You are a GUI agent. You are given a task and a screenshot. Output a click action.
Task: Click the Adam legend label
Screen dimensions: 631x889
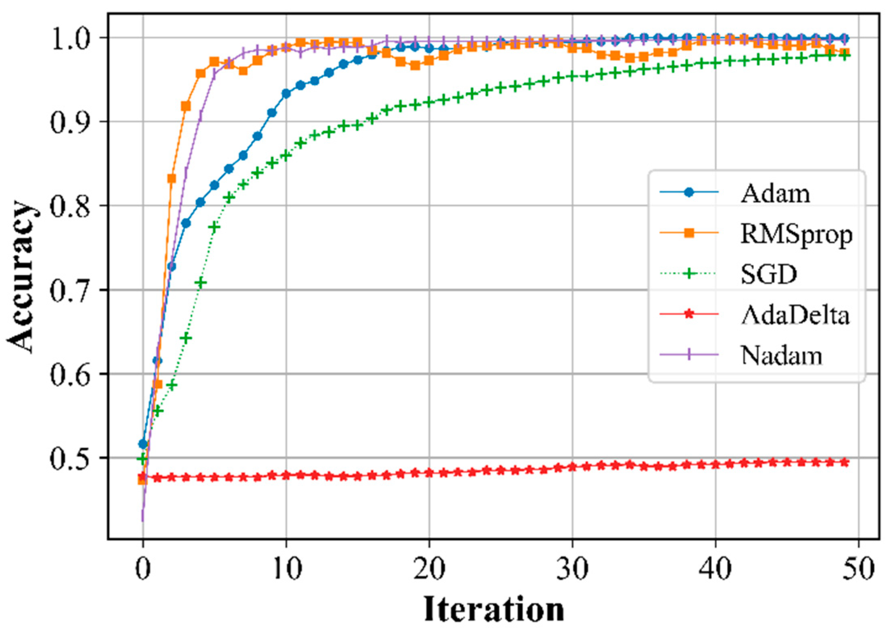coord(775,194)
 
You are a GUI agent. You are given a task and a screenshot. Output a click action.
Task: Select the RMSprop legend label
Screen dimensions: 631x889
coord(796,234)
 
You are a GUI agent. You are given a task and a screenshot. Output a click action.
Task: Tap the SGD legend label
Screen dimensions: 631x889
coord(768,275)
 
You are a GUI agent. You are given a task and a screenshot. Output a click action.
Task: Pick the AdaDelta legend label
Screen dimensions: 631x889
coord(795,315)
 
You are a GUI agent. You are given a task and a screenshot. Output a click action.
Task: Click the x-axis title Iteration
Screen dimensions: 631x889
coord(494,609)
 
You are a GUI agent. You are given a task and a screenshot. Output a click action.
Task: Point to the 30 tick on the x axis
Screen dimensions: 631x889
coord(572,569)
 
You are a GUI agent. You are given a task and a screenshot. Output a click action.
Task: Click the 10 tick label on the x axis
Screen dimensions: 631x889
coord(286,569)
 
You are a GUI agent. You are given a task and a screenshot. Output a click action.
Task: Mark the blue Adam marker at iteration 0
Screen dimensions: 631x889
coord(143,444)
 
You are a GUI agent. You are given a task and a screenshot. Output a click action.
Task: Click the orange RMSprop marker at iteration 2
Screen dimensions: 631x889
coord(171,179)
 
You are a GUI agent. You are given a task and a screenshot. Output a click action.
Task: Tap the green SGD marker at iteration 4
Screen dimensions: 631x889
coord(200,283)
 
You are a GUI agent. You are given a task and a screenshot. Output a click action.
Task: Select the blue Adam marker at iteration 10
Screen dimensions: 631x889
coord(286,94)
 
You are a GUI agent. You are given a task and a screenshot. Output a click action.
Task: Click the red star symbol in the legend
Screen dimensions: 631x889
coord(689,314)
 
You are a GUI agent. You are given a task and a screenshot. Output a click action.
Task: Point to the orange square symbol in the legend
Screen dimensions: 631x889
coord(689,233)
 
